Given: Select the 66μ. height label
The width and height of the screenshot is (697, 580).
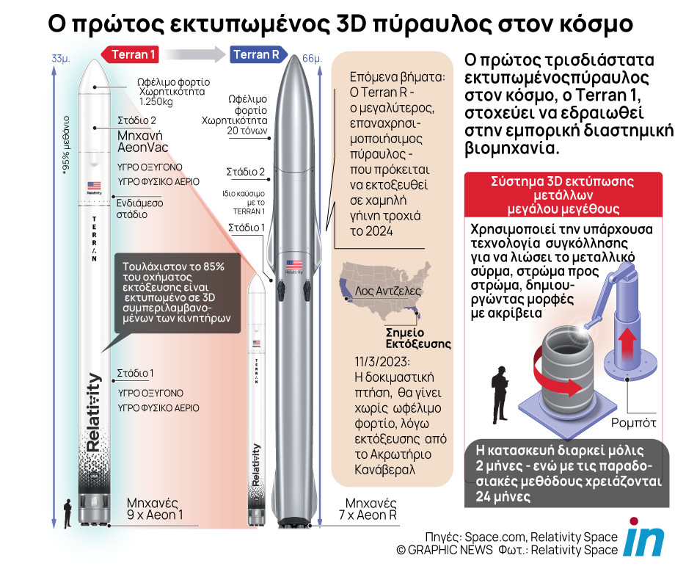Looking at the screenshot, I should [312, 58].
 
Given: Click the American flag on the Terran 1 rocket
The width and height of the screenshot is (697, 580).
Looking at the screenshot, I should [94, 186].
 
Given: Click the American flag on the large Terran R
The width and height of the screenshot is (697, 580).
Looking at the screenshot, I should [294, 264].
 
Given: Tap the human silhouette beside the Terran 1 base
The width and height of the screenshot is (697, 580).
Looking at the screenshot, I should [67, 511].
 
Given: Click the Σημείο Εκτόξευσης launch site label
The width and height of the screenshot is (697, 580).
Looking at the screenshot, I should [418, 337].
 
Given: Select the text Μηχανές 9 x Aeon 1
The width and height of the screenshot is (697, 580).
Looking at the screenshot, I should [154, 510].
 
